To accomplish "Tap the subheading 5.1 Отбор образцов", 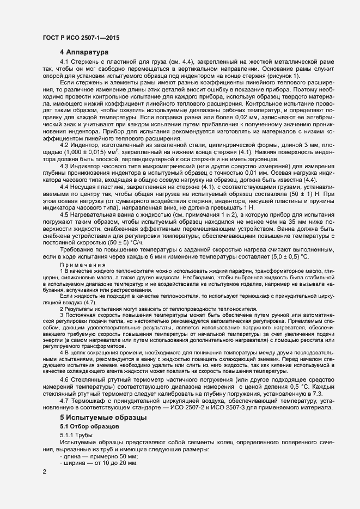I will [x=86, y=426].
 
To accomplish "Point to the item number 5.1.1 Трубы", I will [x=76, y=434].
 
